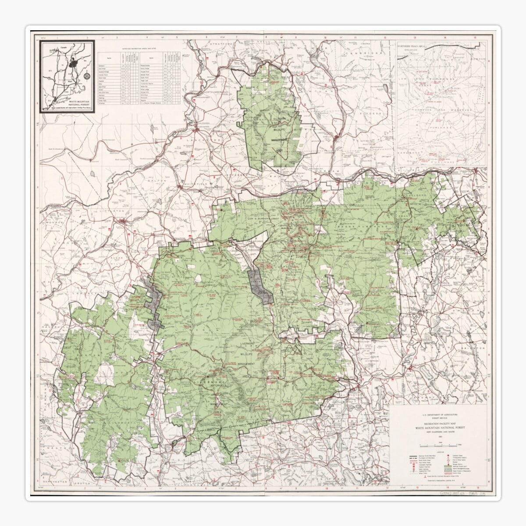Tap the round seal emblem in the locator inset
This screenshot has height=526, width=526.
point(87,76)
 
